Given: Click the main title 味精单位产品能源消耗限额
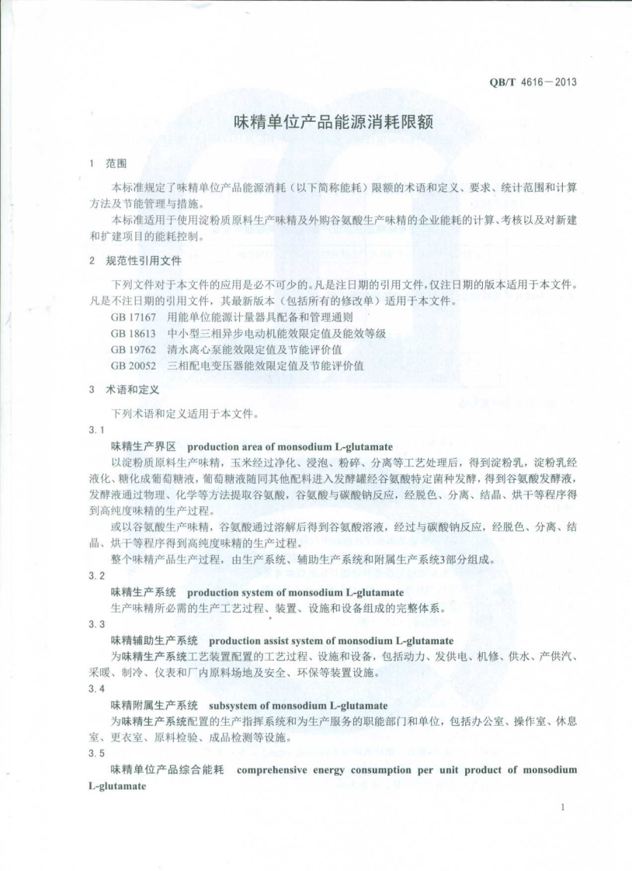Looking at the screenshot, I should [332, 122].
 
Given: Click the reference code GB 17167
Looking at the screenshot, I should [134, 318].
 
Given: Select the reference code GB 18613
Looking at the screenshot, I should [134, 333].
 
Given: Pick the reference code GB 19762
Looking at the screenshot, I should [134, 349].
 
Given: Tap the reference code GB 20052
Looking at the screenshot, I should [134, 365].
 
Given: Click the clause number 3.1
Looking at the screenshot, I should [96, 429].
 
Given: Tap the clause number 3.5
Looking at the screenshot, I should [96, 753].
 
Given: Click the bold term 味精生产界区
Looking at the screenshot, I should [144, 446].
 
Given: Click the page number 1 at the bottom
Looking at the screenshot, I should [561, 808].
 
